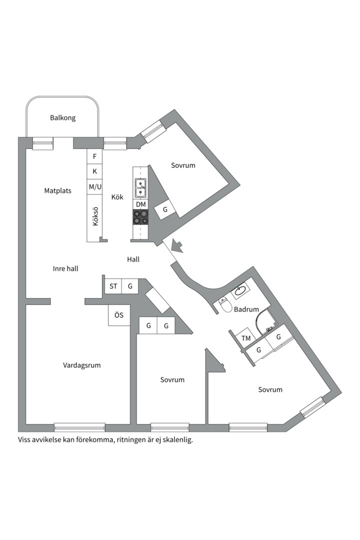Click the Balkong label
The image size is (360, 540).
pyautogui.click(x=62, y=118)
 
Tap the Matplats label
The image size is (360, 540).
pyautogui.click(x=57, y=190)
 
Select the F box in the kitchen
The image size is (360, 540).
pyautogui.click(x=94, y=156)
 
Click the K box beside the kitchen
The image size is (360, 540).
pyautogui.click(x=94, y=171)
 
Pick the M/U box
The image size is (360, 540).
pyautogui.click(x=94, y=187)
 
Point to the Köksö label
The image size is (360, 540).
pyautogui.click(x=95, y=216)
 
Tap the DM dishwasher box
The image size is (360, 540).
pyautogui.click(x=140, y=204)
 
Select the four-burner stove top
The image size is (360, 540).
pyautogui.click(x=140, y=217)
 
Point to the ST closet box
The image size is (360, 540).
pyautogui.click(x=113, y=286)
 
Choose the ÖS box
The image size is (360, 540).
pyautogui.click(x=118, y=315)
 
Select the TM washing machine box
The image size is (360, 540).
pyautogui.click(x=246, y=338)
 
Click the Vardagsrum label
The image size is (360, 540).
pyautogui.click(x=81, y=365)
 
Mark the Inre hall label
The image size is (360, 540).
pyautogui.click(x=65, y=268)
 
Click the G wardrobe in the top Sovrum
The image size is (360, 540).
pyautogui.click(x=164, y=210)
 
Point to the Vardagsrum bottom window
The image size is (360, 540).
pyautogui.click(x=79, y=427)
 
